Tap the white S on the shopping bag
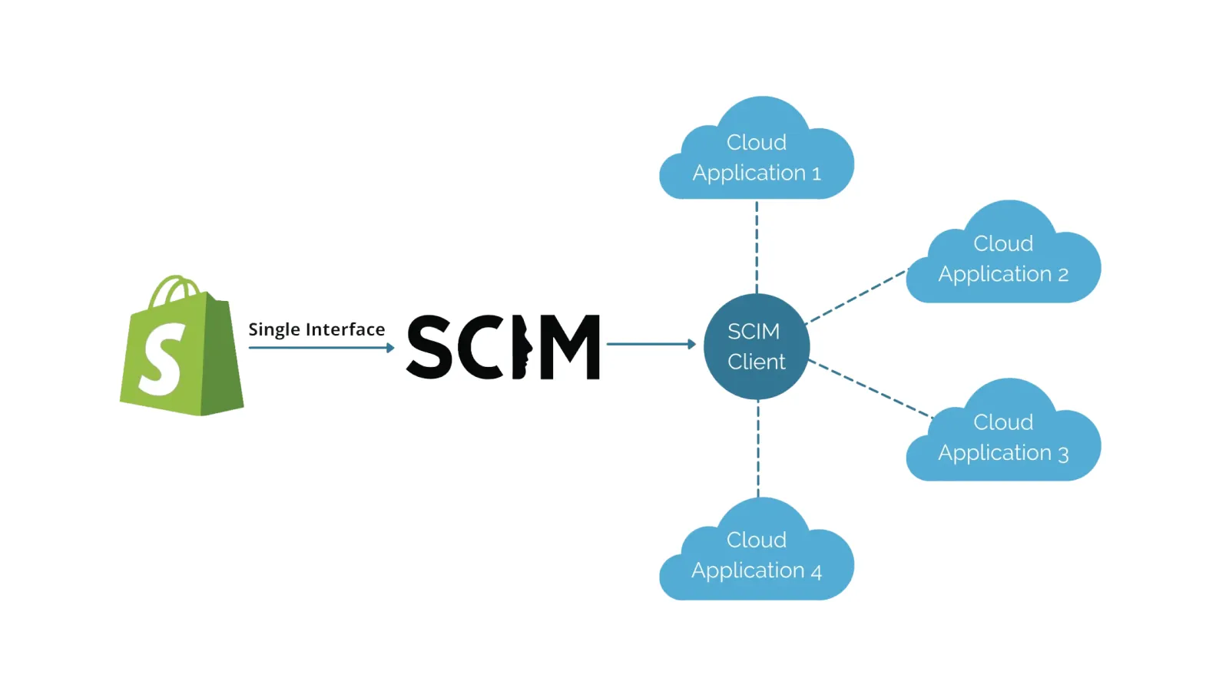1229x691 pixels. pyautogui.click(x=162, y=359)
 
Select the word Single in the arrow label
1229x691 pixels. pyautogui.click(x=274, y=329)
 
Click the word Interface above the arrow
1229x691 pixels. pyautogui.click(x=345, y=329)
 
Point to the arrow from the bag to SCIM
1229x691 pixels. pyautogui.click(x=321, y=348)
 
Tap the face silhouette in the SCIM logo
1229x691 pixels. pyautogui.click(x=522, y=347)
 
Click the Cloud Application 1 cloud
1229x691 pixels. pyautogui.click(x=757, y=154)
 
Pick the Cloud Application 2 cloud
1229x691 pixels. pyautogui.click(x=1003, y=257)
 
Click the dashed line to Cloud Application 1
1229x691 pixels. pyautogui.click(x=757, y=246)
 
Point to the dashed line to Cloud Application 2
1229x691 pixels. pyautogui.click(x=857, y=296)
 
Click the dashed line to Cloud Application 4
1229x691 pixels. pyautogui.click(x=758, y=449)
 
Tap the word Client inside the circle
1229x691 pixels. pyautogui.click(x=757, y=362)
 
